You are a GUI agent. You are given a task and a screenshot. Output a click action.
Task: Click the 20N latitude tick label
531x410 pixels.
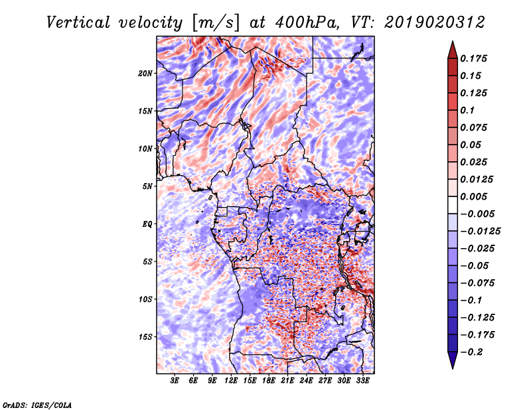click(x=145, y=74)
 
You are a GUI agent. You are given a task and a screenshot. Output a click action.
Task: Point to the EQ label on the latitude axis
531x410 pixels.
click(x=147, y=224)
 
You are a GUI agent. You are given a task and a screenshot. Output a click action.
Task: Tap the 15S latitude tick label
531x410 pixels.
click(x=145, y=337)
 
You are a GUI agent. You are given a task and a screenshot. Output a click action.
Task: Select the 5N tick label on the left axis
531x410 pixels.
click(x=147, y=186)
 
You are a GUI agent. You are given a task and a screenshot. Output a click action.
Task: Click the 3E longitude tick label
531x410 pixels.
click(x=175, y=381)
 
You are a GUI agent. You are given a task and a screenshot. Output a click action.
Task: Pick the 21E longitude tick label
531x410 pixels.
click(x=287, y=381)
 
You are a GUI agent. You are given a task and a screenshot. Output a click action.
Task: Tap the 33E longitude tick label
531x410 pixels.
click(x=362, y=381)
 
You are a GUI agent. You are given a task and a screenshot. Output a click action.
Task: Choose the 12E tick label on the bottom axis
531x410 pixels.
click(x=231, y=381)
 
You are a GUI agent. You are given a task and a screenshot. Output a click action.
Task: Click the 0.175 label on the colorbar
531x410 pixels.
click(x=473, y=58)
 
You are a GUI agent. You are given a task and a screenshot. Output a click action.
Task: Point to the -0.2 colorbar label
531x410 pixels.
click(x=471, y=352)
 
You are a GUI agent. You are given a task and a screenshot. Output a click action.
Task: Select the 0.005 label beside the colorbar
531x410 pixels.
click(x=473, y=196)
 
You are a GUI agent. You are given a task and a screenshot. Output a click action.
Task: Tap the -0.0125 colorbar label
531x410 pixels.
click(x=480, y=232)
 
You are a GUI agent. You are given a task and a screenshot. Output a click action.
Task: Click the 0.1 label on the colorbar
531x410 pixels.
click(x=467, y=110)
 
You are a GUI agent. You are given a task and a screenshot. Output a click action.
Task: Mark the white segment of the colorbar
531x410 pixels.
click(x=453, y=205)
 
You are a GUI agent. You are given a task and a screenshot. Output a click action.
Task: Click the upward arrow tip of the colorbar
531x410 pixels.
click(x=453, y=41)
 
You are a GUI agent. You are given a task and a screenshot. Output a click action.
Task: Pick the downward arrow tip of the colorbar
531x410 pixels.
click(x=453, y=368)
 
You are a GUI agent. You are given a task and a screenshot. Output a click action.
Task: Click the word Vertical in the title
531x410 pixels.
click(x=78, y=23)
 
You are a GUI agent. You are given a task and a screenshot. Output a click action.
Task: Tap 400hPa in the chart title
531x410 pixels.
click(x=307, y=23)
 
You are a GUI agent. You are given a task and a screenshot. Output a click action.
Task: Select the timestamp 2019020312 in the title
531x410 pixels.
click(x=435, y=23)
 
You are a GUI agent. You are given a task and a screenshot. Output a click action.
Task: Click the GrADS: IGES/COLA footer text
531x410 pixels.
click(x=37, y=405)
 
